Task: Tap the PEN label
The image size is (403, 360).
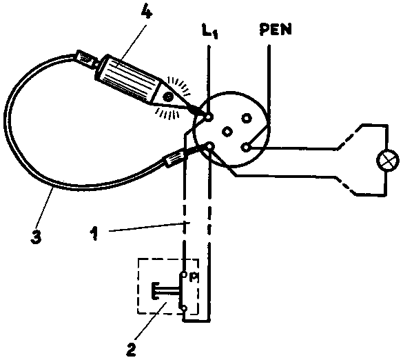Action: pos(276,30)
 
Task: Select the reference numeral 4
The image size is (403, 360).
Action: pos(145,10)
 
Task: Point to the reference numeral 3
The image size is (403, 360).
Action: pos(36,237)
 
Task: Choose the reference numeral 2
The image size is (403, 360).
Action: pos(132,348)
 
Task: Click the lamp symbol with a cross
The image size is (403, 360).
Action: pos(387,160)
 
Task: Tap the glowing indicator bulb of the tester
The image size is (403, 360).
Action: pos(169,97)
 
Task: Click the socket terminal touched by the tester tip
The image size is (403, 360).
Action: pos(209,118)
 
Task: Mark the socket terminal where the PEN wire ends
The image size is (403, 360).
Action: pos(246,148)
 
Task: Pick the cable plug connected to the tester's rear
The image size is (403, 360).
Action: pos(87,59)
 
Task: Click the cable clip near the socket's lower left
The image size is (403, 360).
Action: pos(174,159)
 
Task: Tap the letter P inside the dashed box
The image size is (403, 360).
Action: pos(193,278)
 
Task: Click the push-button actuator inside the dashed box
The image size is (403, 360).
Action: pos(165,291)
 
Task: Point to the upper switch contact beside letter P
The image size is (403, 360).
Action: pos(184,274)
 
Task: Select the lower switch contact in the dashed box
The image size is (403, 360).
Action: pos(184,308)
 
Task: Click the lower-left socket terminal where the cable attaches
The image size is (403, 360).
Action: pos(210,146)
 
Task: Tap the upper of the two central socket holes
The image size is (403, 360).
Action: pos(246,118)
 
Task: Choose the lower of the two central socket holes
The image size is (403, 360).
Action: pos(227,132)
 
